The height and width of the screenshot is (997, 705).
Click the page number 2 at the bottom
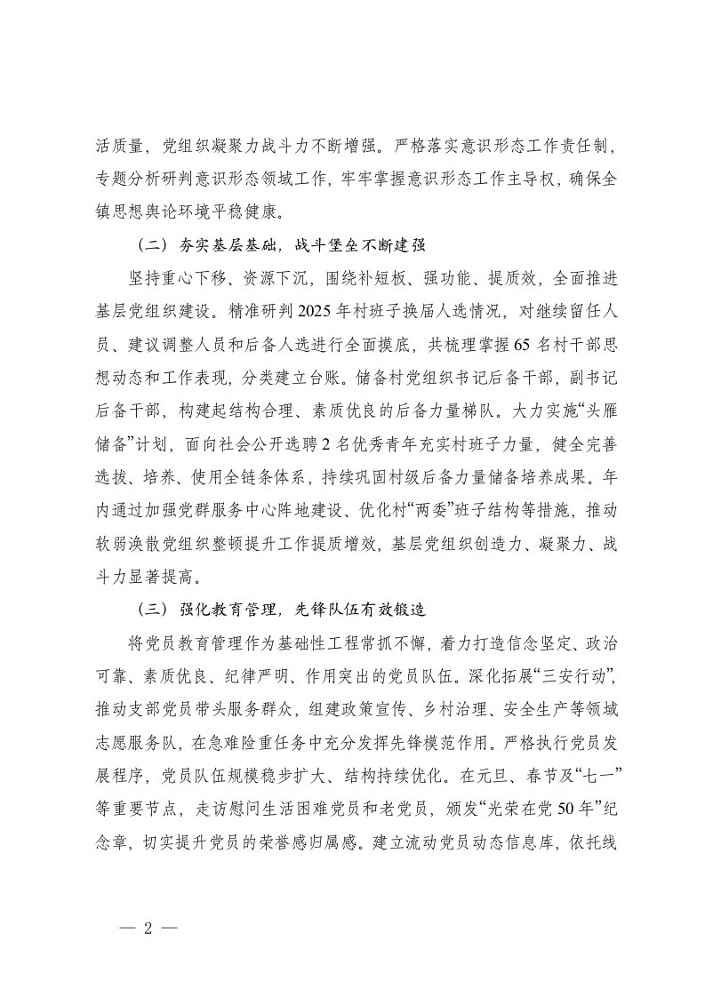(x=149, y=924)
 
